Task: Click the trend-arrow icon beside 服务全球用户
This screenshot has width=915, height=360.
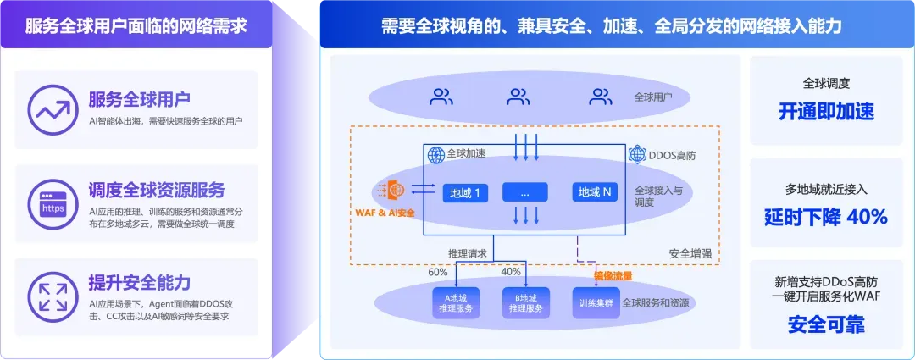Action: (53, 107)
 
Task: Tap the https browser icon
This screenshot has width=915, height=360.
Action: (53, 202)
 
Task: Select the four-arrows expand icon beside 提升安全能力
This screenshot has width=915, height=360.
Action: (53, 296)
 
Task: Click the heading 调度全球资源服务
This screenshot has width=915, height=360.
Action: (157, 190)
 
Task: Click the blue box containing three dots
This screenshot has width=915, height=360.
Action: (525, 193)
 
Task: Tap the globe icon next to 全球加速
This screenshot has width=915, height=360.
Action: (436, 155)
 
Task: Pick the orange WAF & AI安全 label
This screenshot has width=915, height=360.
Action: (386, 212)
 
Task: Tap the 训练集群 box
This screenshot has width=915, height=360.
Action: (595, 303)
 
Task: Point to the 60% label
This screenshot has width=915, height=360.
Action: (437, 272)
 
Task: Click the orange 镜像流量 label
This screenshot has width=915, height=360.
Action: (613, 275)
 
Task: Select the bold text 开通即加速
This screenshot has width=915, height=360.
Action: (826, 112)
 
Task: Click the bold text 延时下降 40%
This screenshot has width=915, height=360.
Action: (826, 217)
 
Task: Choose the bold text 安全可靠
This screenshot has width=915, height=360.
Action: (826, 324)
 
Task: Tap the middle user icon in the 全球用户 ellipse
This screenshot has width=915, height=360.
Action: (518, 97)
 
